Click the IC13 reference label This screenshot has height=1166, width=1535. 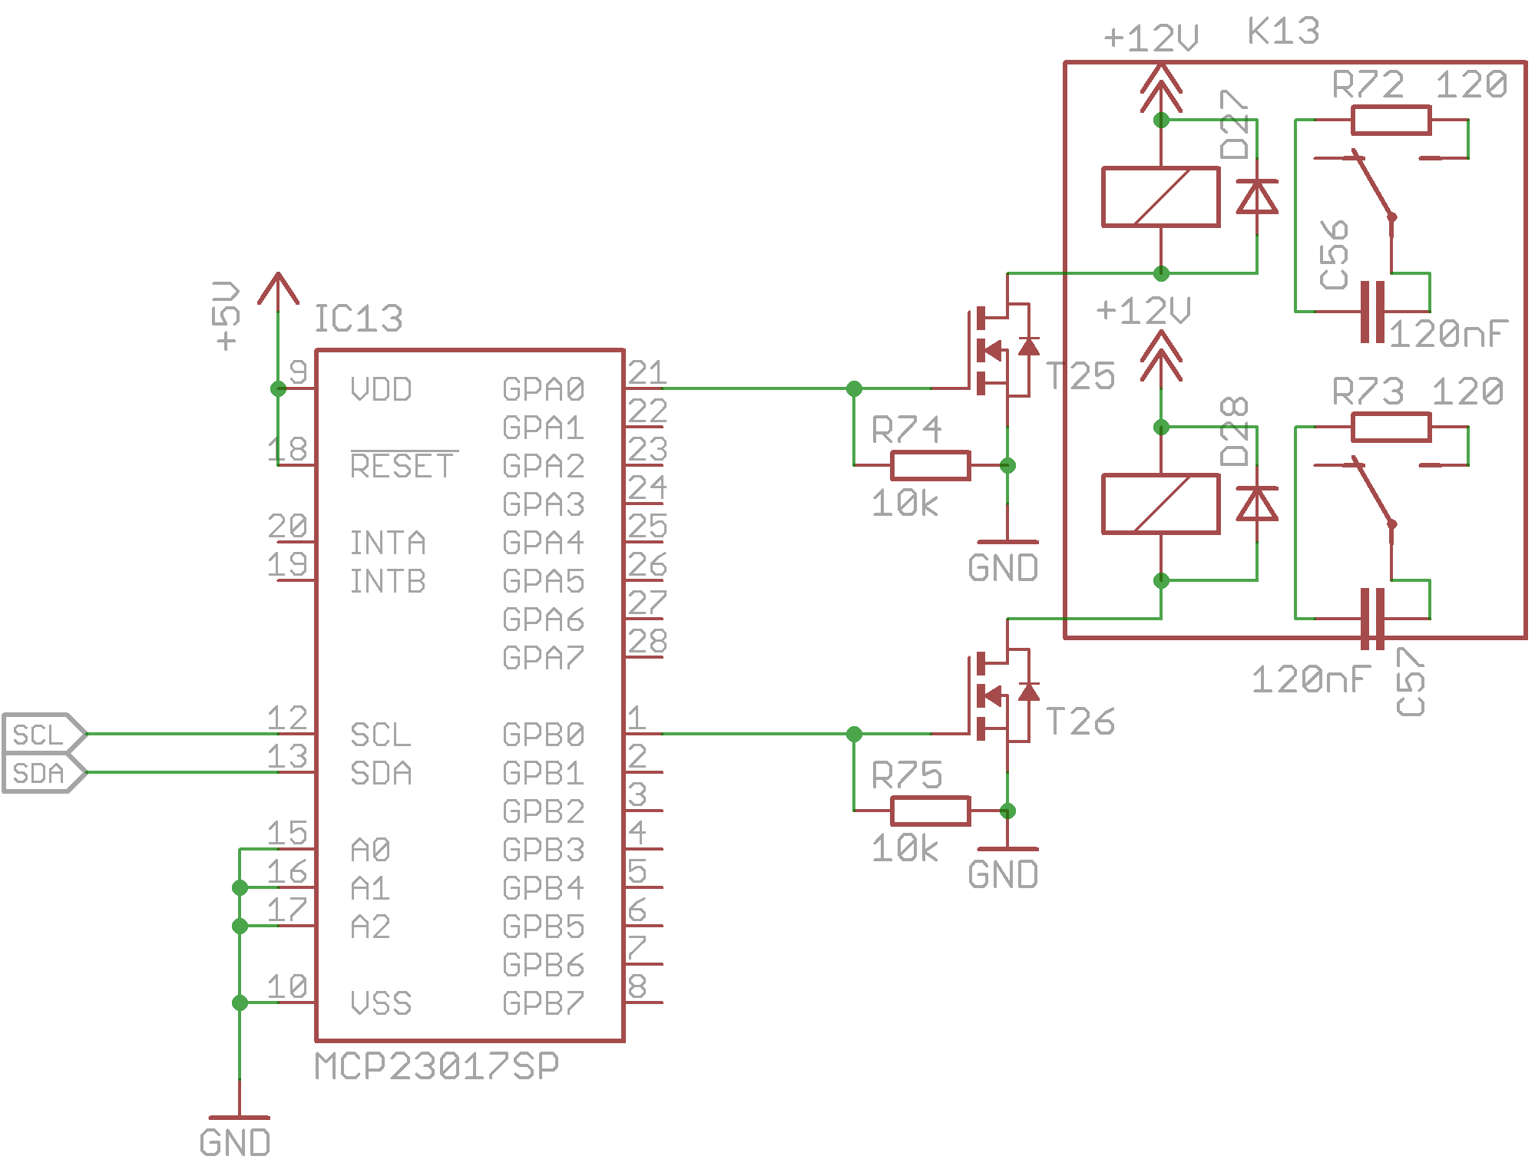click(358, 319)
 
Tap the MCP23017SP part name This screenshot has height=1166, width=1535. click(436, 1065)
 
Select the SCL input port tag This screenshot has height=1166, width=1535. click(43, 734)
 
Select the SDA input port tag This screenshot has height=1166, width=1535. click(43, 773)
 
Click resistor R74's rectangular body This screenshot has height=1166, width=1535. click(930, 465)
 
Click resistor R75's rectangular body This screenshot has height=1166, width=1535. click(930, 811)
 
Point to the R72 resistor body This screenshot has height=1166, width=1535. click(1391, 121)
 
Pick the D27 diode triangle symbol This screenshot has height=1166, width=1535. click(1256, 197)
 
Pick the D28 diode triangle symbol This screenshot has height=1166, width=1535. click(1256, 504)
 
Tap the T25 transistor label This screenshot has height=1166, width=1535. click(1081, 376)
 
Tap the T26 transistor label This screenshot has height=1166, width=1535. click(1081, 722)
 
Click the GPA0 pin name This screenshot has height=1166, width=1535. click(543, 389)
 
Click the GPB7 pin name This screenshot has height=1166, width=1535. click(543, 1003)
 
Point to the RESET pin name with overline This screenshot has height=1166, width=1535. click(402, 465)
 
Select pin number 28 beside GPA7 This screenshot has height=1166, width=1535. click(647, 641)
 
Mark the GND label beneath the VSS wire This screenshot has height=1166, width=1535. click(235, 1143)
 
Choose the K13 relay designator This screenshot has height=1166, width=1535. click(1283, 31)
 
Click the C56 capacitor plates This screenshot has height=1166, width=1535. click(1372, 312)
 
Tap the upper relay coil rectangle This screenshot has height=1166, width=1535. click(1160, 197)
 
